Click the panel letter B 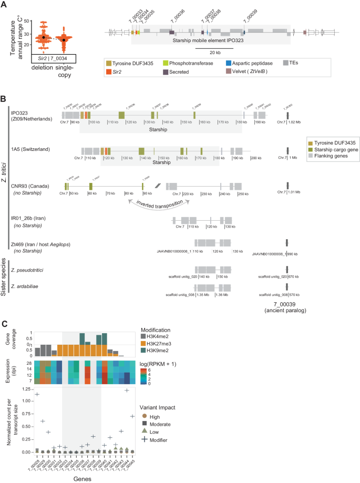click(4, 99)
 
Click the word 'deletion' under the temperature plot click(41, 68)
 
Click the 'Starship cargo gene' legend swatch click(311, 150)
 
